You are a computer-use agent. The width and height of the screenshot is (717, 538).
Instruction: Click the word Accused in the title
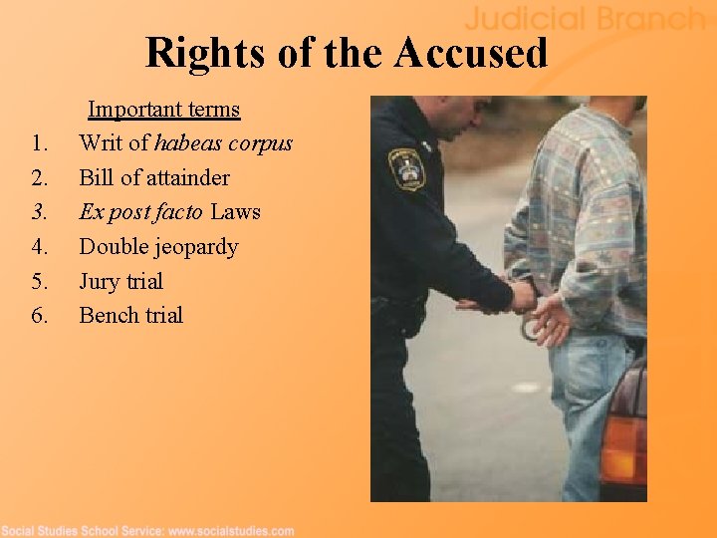[470, 53]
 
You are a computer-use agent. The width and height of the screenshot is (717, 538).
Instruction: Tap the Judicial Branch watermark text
[585, 18]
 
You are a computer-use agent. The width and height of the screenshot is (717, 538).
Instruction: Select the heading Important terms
[164, 109]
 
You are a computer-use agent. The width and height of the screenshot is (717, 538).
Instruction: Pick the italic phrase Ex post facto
[141, 212]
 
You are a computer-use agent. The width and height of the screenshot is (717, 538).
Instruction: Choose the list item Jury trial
[120, 281]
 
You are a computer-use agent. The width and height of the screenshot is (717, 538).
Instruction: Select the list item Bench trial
[130, 316]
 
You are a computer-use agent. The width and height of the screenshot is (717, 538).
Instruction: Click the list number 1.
[39, 143]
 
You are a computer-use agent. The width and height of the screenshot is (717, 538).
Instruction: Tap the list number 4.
[39, 247]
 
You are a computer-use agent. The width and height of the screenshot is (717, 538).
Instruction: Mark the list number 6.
[39, 316]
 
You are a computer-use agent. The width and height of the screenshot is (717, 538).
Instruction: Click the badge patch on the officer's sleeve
[405, 168]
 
